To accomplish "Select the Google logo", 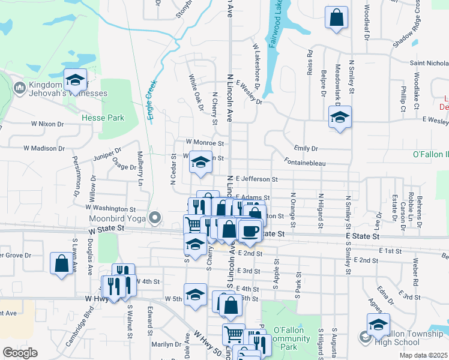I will click(19, 353).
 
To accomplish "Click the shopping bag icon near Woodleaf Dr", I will click(337, 17).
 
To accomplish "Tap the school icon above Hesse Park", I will click(76, 80).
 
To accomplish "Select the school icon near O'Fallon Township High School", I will click(378, 325).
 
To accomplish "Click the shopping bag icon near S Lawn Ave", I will click(62, 263).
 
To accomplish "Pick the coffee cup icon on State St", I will click(250, 230).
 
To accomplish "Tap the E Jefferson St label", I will click(256, 179).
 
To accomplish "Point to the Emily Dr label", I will click(306, 148).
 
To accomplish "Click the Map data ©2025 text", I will click(424, 355).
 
